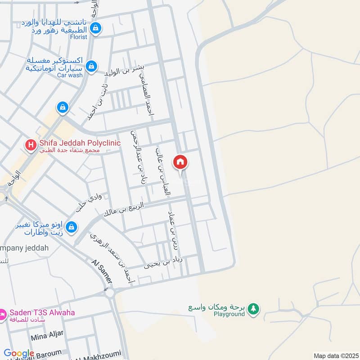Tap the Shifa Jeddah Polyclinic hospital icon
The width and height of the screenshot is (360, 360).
[x=31, y=145]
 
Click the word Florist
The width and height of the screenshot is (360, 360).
[x=78, y=37]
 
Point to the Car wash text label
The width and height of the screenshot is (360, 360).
[x=70, y=75]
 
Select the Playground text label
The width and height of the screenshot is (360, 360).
[x=229, y=315]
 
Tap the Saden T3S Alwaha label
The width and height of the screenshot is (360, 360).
[x=43, y=313]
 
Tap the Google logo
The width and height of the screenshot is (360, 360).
[x=19, y=353]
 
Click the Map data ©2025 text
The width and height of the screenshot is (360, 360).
[x=335, y=355]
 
